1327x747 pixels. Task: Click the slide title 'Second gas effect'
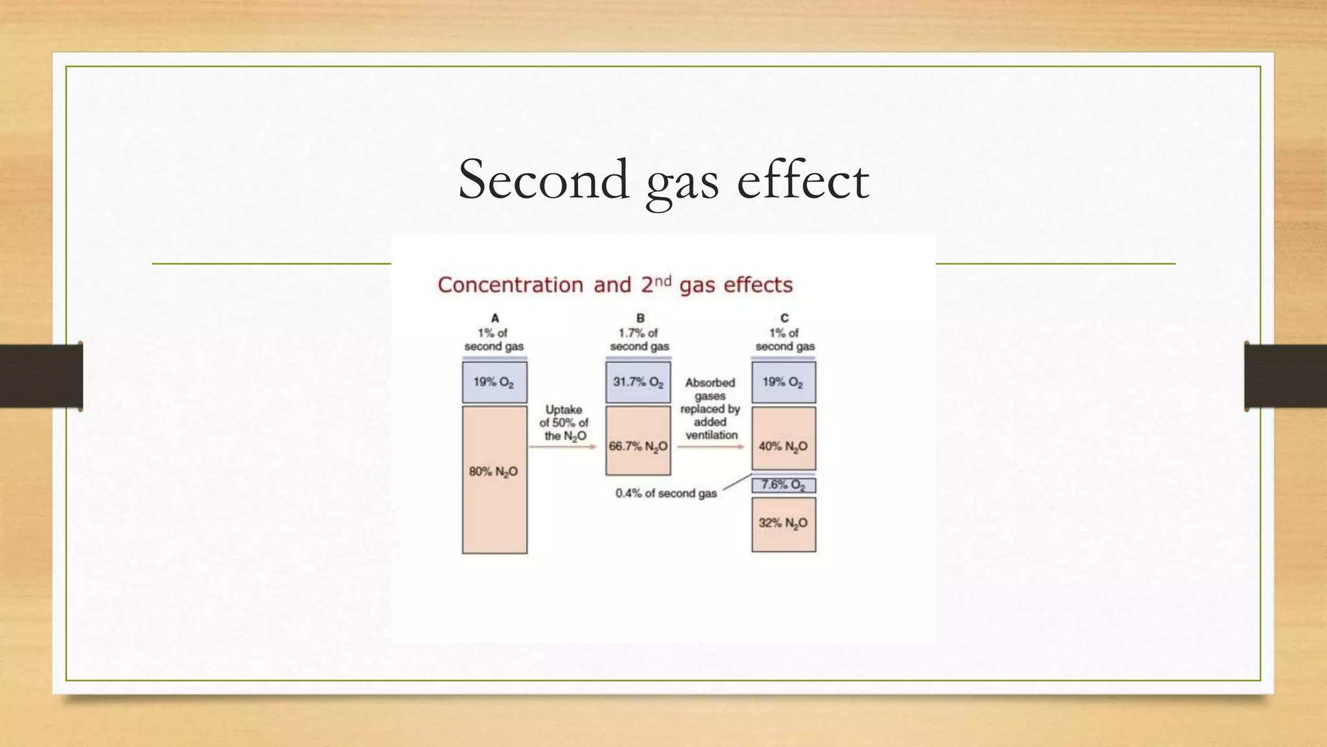pyautogui.click(x=663, y=180)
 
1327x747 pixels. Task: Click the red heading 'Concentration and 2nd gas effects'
pyautogui.click(x=615, y=285)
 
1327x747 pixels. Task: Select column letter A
pyautogui.click(x=495, y=318)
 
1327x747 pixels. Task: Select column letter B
pyautogui.click(x=640, y=318)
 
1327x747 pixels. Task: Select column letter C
pyautogui.click(x=784, y=318)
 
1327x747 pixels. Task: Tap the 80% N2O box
pyautogui.click(x=494, y=480)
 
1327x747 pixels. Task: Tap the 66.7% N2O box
pyautogui.click(x=638, y=441)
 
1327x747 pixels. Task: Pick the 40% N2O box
pyautogui.click(x=783, y=438)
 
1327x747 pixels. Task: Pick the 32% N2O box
pyautogui.click(x=783, y=524)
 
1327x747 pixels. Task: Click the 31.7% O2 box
pyautogui.click(x=638, y=383)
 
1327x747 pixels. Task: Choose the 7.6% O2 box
pyautogui.click(x=783, y=485)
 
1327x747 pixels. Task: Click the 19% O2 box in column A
pyautogui.click(x=494, y=383)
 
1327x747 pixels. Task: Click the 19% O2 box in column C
pyautogui.click(x=783, y=383)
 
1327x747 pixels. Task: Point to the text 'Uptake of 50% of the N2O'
pyautogui.click(x=564, y=423)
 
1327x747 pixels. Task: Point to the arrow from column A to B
pyautogui.click(x=562, y=447)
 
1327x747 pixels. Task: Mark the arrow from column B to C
pyautogui.click(x=710, y=447)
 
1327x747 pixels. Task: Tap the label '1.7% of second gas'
pyautogui.click(x=639, y=340)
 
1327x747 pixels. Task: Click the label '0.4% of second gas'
pyautogui.click(x=666, y=493)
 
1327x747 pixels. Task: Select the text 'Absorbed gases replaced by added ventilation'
pyautogui.click(x=710, y=409)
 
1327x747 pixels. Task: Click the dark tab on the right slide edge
pyautogui.click(x=1286, y=376)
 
